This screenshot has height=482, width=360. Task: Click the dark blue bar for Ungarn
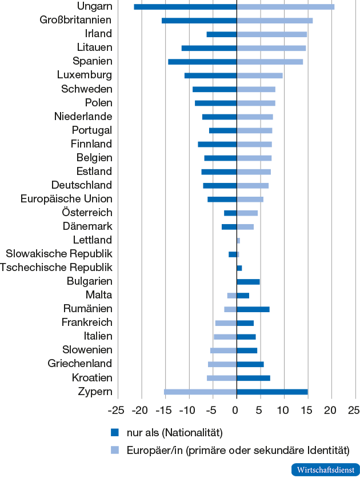point(185,7)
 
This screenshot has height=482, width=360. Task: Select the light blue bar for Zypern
point(200,392)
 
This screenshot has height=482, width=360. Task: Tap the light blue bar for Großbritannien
point(274,21)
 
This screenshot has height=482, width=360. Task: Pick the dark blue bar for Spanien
point(202,62)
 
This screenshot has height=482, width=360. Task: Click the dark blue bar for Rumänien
point(253,309)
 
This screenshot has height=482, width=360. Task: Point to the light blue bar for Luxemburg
point(259,75)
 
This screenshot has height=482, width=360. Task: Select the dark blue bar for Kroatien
point(253,378)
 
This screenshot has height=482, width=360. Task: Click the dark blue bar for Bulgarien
point(248,282)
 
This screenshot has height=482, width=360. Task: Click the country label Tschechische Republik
point(57,268)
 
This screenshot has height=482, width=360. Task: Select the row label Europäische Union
point(66,199)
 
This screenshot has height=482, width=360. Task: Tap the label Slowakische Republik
point(59,254)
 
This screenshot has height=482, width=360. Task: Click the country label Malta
point(98,295)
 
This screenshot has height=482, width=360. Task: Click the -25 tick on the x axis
point(117,410)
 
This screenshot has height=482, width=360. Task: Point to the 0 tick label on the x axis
point(235,410)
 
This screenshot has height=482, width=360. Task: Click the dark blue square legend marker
point(114,432)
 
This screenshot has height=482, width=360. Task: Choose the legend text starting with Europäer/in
point(237,449)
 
